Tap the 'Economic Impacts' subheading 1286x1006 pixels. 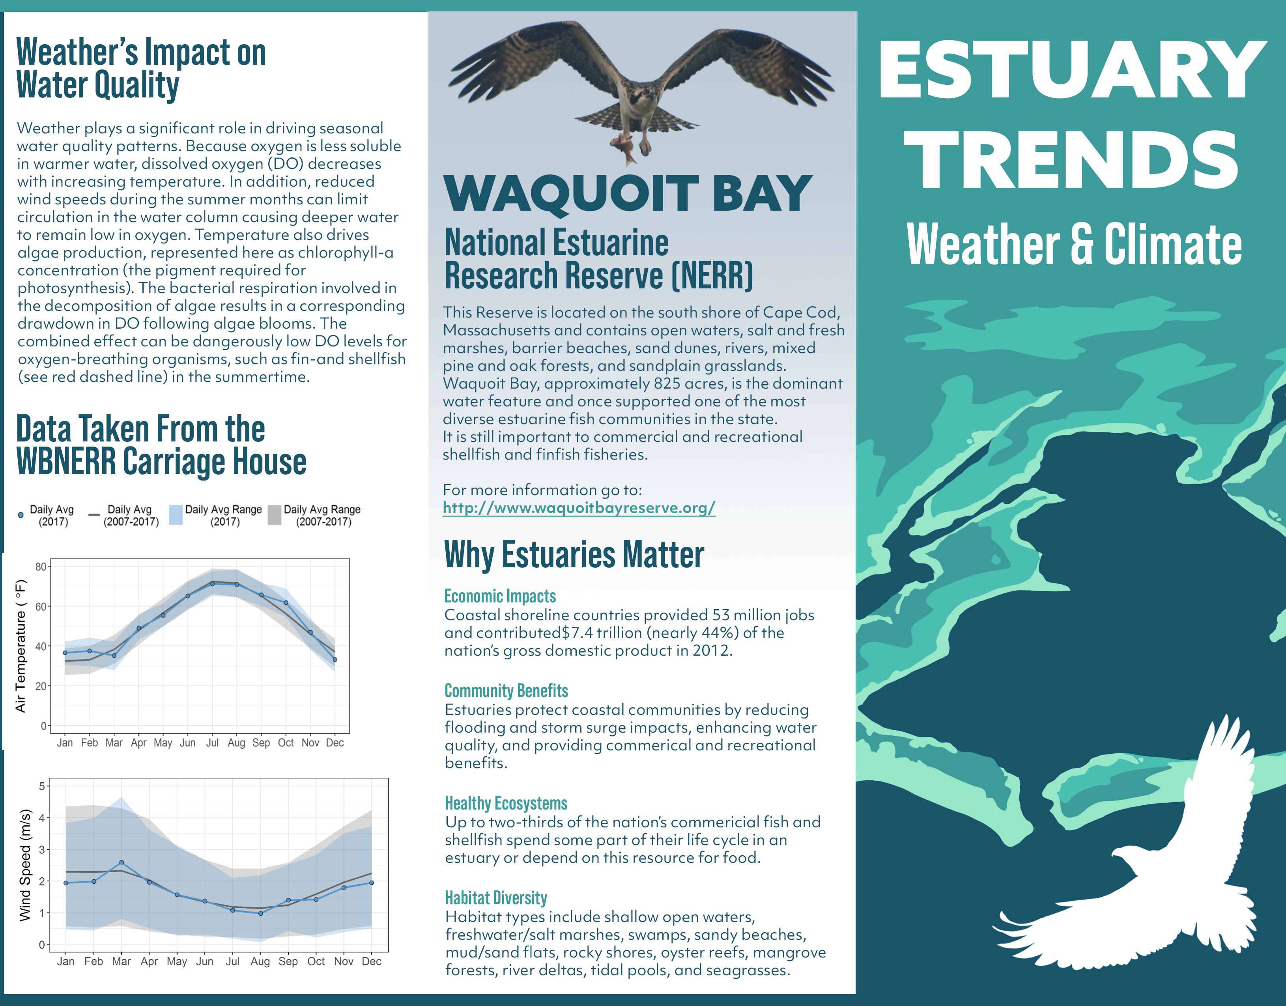click(500, 596)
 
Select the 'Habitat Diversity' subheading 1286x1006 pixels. click(496, 898)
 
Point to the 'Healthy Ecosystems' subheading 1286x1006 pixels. click(506, 803)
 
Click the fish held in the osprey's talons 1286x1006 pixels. click(624, 147)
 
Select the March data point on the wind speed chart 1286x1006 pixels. click(121, 862)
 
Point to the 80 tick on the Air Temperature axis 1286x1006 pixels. click(41, 567)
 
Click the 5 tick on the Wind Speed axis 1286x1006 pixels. click(42, 786)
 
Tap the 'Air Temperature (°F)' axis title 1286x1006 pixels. click(21, 646)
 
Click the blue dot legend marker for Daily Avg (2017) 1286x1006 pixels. click(21, 515)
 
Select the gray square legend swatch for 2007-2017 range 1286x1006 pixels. click(275, 515)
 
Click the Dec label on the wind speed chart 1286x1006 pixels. click(372, 961)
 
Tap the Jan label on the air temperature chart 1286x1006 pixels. click(65, 743)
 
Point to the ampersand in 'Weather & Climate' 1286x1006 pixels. click(1082, 243)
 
